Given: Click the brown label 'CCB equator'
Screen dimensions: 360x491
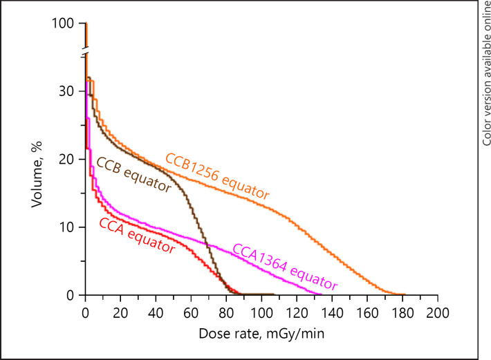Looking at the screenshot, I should click(x=133, y=176).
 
